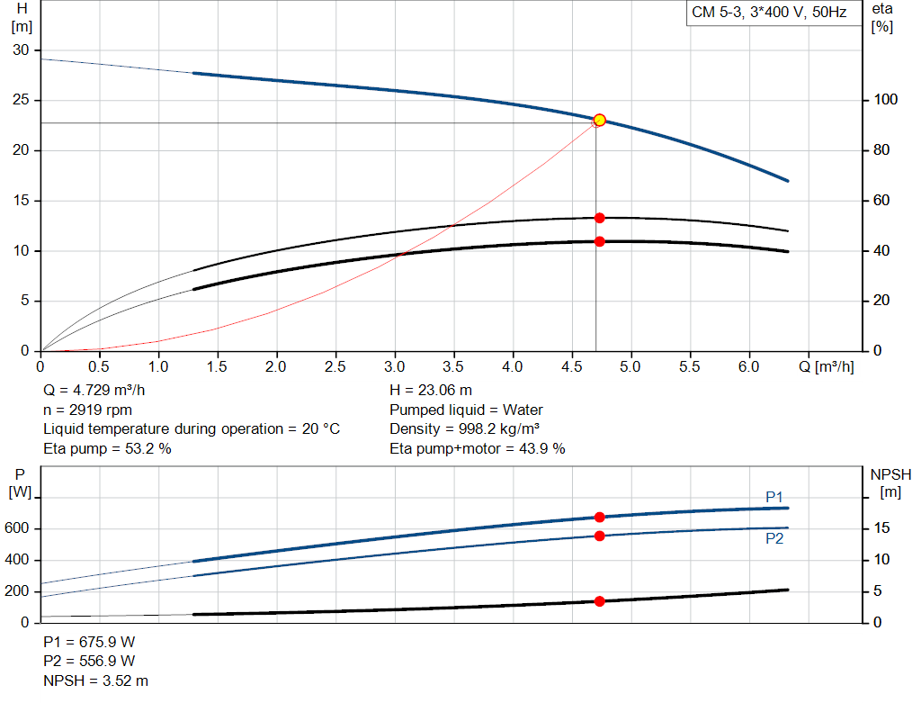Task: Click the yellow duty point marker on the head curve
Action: [599, 120]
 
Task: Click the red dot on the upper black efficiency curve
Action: [599, 218]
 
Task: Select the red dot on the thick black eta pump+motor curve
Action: [599, 241]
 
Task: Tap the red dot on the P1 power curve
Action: [599, 517]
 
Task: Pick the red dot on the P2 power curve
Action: [599, 536]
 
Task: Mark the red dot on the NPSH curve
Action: [599, 601]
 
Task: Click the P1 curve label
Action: [774, 497]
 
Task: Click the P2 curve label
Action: [774, 539]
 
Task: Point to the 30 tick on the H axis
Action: [21, 50]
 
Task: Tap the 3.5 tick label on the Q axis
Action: [454, 367]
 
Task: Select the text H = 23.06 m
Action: [431, 391]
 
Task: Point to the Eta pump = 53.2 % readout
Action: [107, 448]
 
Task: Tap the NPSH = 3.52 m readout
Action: [96, 681]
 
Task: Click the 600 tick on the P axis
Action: [20, 528]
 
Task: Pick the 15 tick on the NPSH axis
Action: [882, 528]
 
